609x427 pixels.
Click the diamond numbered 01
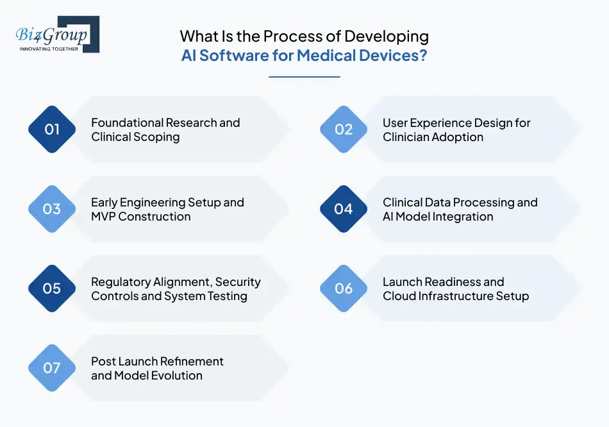(52, 130)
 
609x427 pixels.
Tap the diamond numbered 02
(344, 130)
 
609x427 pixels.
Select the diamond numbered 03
(52, 209)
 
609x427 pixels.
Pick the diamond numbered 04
(344, 209)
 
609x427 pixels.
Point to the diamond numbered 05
(52, 289)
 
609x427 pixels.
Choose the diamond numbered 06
(344, 289)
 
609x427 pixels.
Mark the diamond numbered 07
(52, 368)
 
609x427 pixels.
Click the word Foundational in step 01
(126, 122)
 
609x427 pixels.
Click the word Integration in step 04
(460, 217)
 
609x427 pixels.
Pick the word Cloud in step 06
(399, 296)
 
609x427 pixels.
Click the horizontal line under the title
(304, 77)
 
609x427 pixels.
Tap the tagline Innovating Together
(49, 49)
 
